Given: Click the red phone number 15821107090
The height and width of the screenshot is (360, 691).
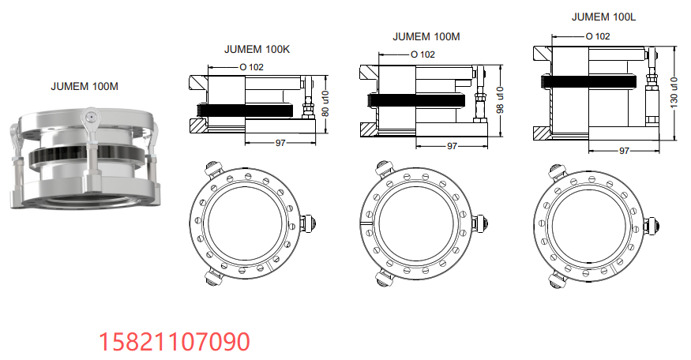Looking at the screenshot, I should pyautogui.click(x=174, y=341).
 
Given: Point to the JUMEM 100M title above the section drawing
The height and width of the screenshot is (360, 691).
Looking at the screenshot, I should pyautogui.click(x=426, y=36).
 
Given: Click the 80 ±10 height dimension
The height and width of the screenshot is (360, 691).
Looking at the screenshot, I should pyautogui.click(x=325, y=103).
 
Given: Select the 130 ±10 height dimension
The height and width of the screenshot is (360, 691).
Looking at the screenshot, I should pyautogui.click(x=674, y=92).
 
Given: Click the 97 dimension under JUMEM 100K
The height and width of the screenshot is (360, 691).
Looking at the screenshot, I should pyautogui.click(x=279, y=143).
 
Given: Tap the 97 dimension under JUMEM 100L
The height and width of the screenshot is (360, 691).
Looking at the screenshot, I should pyautogui.click(x=624, y=150).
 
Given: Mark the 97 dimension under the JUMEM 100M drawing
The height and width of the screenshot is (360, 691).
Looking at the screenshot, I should pyautogui.click(x=452, y=146).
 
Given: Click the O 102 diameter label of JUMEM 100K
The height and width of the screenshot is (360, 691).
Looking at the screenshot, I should pyautogui.click(x=251, y=67).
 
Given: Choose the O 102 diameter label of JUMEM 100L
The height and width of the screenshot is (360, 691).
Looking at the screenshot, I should pyautogui.click(x=598, y=36).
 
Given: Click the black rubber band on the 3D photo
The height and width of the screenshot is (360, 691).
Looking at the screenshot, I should pyautogui.click(x=87, y=156).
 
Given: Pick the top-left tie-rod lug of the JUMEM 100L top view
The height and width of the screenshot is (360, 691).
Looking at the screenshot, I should pyautogui.click(x=555, y=170).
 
